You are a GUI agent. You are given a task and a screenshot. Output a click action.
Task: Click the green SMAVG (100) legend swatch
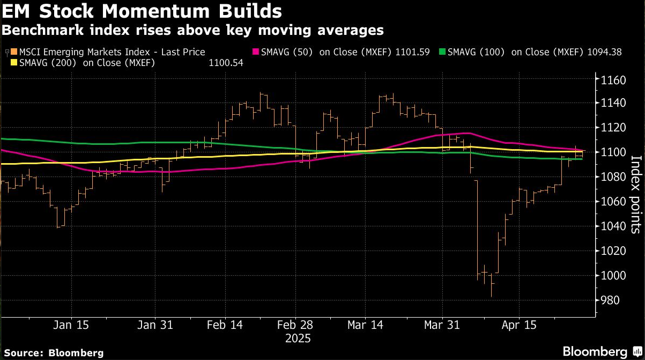442,52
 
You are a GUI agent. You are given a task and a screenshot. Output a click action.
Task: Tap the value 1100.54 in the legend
226,63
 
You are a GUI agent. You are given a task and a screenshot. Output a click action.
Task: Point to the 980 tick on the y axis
609,300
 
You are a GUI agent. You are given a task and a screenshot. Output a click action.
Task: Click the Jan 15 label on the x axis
71,325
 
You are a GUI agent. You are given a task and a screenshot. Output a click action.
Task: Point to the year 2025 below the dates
298,339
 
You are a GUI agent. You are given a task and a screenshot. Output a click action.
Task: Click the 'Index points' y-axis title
636,194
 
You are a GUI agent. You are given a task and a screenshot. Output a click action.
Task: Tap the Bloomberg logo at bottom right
595,351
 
